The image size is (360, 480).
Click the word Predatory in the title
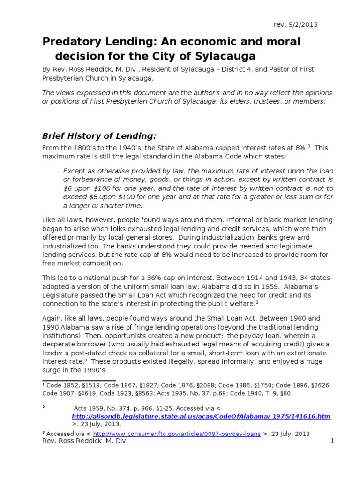(69, 42)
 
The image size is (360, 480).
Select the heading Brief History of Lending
(99, 136)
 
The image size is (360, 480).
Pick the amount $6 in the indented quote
(68, 188)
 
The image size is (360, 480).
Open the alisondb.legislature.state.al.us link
(201, 416)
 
